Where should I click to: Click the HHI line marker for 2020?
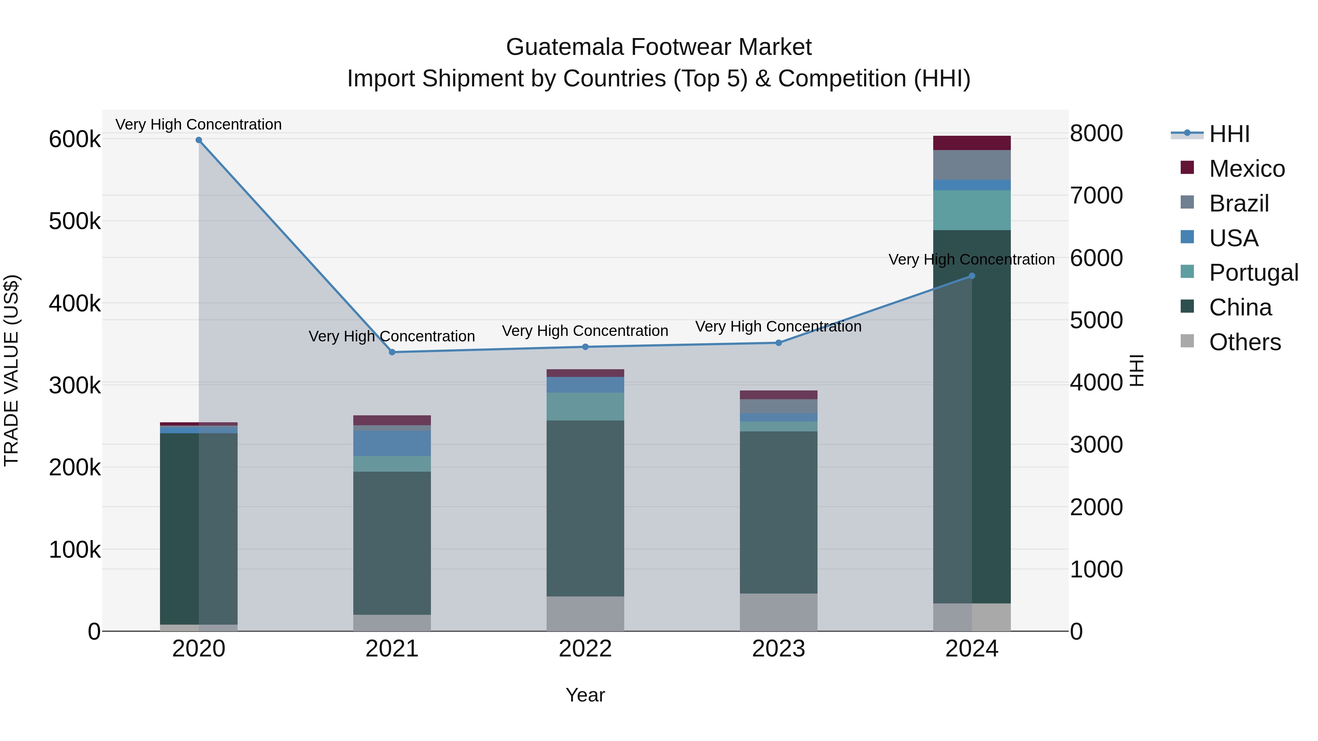click(199, 140)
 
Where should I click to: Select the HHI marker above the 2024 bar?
click(972, 276)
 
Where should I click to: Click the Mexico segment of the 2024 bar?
click(972, 143)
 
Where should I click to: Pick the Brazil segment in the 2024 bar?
click(972, 165)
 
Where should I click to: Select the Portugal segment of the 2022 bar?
click(585, 407)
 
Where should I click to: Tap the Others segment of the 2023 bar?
click(778, 612)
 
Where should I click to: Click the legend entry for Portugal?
click(1253, 273)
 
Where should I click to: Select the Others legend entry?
click(1244, 342)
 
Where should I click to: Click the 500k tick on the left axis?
click(75, 221)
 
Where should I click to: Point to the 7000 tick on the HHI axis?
click(1096, 195)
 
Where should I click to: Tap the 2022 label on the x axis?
click(585, 649)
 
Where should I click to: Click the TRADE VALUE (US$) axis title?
click(12, 370)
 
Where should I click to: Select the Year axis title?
click(585, 695)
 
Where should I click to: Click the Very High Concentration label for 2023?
click(778, 326)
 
